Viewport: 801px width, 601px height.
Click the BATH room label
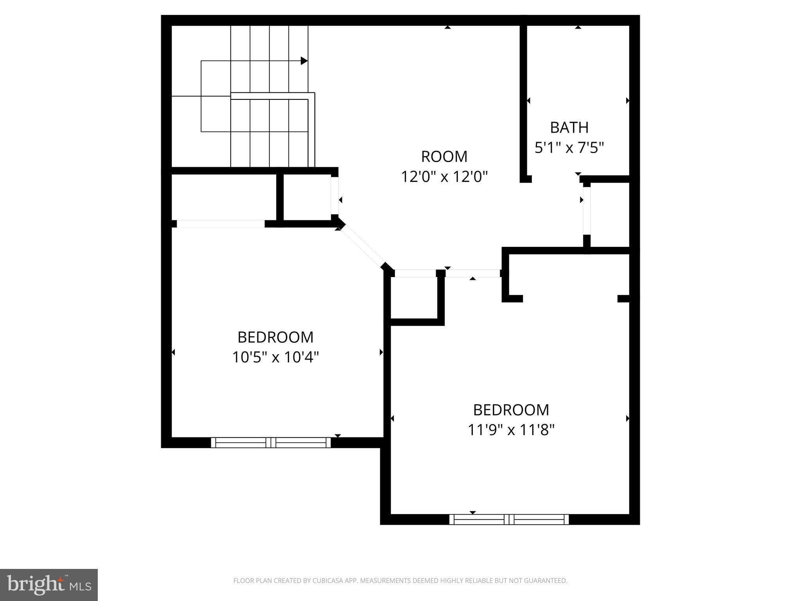point(569,128)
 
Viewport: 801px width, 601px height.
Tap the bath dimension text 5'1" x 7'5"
point(569,148)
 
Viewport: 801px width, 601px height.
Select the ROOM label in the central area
point(444,157)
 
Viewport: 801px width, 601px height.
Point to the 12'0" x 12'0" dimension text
point(444,177)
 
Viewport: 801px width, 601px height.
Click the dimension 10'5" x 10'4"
point(275,357)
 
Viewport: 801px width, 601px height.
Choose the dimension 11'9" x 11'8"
point(511,430)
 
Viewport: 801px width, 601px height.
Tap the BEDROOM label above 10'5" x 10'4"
point(275,337)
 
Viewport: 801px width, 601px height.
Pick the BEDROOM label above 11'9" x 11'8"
point(511,410)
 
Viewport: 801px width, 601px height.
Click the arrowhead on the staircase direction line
point(304,61)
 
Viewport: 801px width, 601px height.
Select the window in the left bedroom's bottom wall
point(271,443)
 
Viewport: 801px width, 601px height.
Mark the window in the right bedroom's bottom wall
point(509,519)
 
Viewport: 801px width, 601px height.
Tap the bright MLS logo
point(49,585)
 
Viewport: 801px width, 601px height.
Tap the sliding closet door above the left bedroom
point(221,224)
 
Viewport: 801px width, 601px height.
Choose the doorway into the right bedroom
point(473,273)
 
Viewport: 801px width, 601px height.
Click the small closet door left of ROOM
point(335,196)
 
